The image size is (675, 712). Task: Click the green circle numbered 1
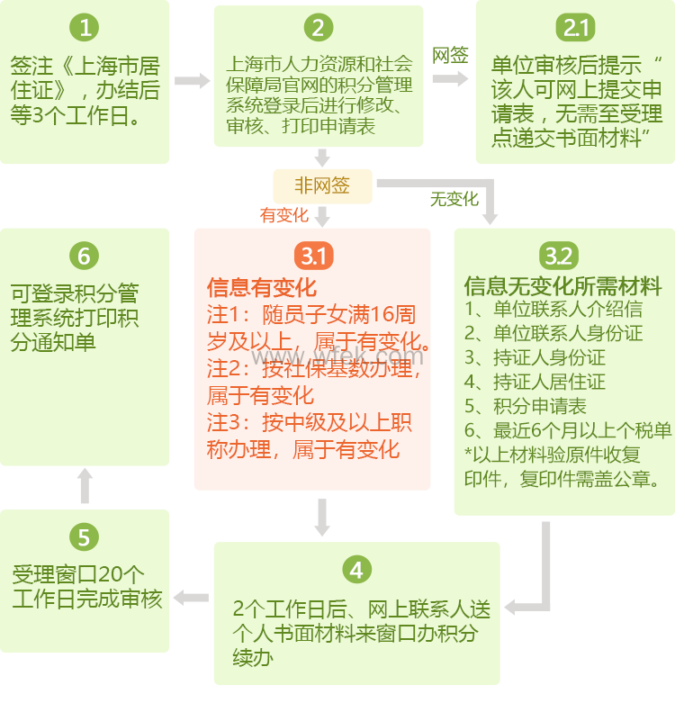point(85,28)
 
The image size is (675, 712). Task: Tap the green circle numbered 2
point(318,28)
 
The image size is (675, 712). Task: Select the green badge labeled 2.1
point(575,28)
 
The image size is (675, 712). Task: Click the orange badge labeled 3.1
point(313,256)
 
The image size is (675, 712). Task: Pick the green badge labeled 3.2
point(559,256)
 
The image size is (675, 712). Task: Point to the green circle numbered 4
point(356,570)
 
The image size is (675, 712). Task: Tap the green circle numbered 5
point(84,537)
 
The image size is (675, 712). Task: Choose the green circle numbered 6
point(84,256)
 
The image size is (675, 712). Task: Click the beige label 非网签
point(322,186)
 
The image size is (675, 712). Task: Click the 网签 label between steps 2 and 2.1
point(450,56)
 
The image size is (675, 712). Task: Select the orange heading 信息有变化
point(262,288)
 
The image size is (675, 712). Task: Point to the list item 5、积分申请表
point(526,405)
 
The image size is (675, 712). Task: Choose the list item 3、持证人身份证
point(535,357)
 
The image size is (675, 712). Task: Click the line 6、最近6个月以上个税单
point(567,429)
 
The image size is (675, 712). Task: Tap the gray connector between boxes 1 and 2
point(192,80)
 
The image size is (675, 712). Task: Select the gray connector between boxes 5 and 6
point(85,487)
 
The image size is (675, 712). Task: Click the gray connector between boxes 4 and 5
point(191,597)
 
